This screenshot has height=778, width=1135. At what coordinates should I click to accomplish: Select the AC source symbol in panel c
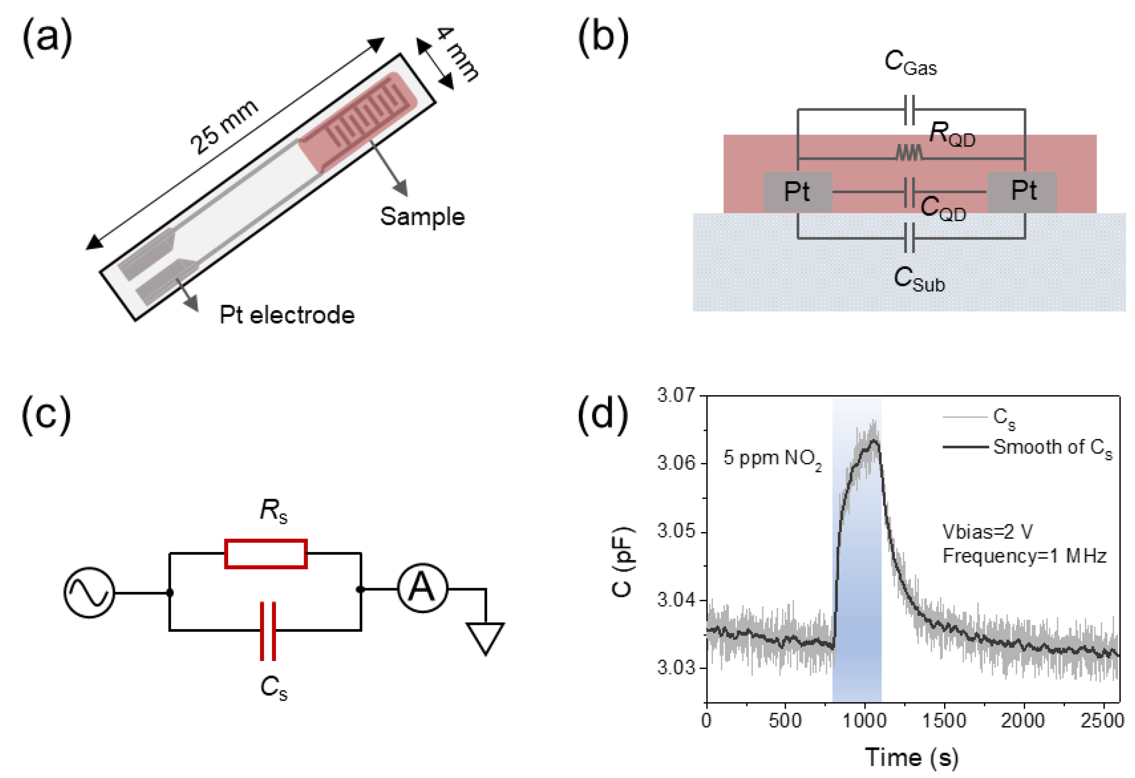pyautogui.click(x=89, y=593)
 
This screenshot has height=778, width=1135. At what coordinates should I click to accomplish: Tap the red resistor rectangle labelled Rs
pyautogui.click(x=266, y=554)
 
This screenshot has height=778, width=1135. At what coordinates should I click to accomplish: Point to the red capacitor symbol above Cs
pyautogui.click(x=268, y=631)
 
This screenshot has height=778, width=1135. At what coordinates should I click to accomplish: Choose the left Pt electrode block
pyautogui.click(x=798, y=191)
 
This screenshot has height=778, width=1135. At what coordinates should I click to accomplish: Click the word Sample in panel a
pyautogui.click(x=422, y=217)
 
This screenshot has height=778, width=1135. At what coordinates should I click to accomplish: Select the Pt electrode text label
pyautogui.click(x=287, y=315)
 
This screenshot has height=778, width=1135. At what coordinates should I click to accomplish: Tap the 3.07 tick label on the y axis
pyautogui.click(x=676, y=395)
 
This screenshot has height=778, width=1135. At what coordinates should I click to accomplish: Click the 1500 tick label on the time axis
pyautogui.click(x=944, y=721)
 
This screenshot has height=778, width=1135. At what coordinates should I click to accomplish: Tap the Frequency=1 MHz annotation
pyautogui.click(x=1024, y=556)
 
